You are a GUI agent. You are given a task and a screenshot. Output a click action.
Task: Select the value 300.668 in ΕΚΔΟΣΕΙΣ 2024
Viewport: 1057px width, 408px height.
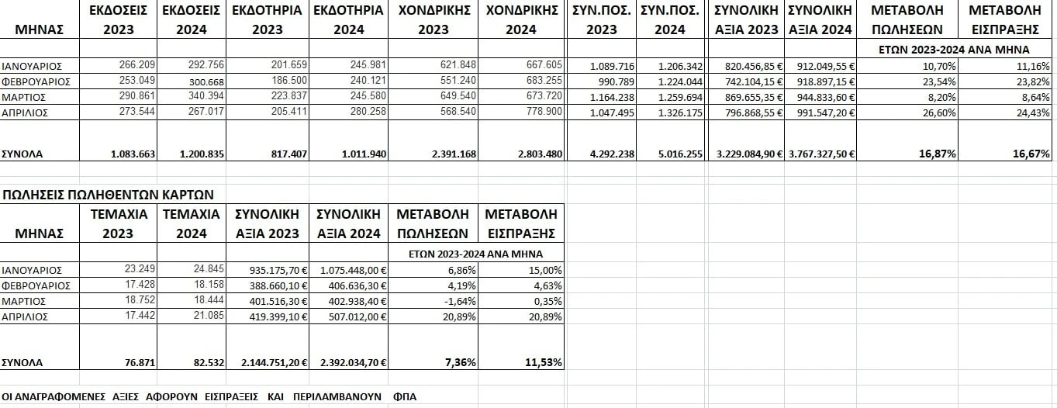(x=205, y=81)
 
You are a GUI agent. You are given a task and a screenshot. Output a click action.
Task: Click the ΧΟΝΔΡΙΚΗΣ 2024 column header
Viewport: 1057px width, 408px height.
(x=520, y=20)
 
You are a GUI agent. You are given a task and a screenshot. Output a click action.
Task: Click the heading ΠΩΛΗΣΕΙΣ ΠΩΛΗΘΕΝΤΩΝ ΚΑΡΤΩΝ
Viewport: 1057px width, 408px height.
(x=108, y=194)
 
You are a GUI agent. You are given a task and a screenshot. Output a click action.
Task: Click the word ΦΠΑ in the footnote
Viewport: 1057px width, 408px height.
(x=405, y=396)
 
